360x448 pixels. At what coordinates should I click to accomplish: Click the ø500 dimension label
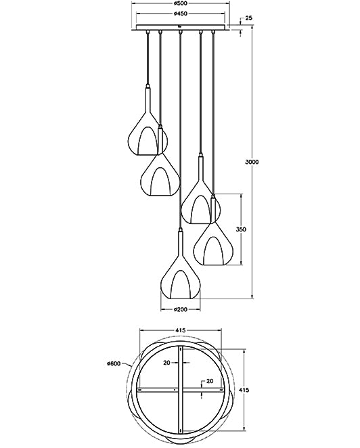click(181, 3)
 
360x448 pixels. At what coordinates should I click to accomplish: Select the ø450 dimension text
click(181, 14)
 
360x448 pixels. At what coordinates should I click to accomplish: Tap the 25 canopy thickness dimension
click(249, 18)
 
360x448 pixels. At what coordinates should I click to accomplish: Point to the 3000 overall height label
click(252, 162)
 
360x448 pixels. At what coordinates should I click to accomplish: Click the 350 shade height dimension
click(241, 230)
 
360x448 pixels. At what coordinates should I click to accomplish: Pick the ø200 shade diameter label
click(181, 309)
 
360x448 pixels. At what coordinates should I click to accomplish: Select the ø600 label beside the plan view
click(114, 364)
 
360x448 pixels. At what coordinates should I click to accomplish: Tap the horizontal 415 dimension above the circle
click(181, 330)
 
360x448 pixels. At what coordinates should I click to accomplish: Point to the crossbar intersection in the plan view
click(181, 390)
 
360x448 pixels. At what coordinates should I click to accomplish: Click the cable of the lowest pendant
click(181, 135)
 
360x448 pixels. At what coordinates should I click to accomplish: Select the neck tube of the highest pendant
click(148, 98)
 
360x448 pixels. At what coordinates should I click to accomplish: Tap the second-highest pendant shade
click(160, 175)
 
